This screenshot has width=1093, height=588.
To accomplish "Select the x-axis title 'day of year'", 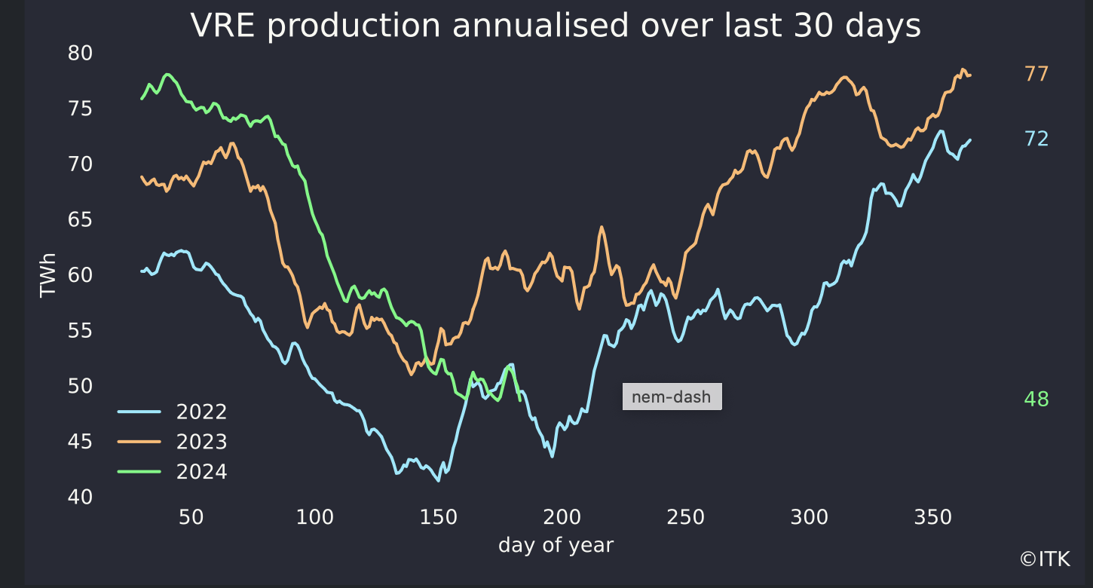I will [x=556, y=545].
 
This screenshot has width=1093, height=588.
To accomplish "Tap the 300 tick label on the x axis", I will [x=809, y=518].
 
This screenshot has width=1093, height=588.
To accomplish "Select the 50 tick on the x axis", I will [x=191, y=518].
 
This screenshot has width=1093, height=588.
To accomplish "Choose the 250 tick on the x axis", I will [x=685, y=518].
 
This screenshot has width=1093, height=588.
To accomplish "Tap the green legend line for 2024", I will [x=139, y=472].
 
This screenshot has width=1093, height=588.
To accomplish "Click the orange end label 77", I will [x=1036, y=74].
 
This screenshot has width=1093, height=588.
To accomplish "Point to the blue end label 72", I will [x=1036, y=139].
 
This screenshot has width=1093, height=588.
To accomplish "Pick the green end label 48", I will [x=1036, y=400].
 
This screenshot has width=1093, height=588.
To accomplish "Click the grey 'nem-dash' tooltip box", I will [x=672, y=397].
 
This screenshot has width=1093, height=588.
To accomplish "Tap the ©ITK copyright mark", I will [x=1045, y=559].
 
